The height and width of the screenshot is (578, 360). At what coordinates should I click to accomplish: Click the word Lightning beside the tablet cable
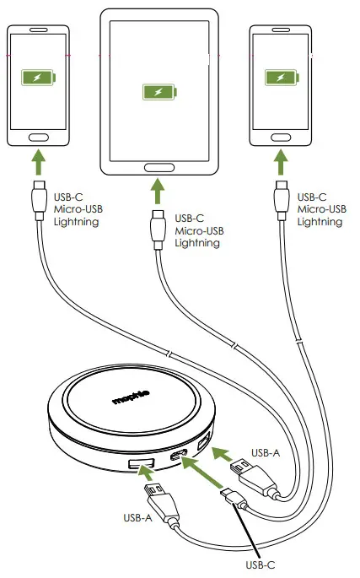(x=197, y=243)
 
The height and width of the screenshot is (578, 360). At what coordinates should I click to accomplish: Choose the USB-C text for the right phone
(x=314, y=197)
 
